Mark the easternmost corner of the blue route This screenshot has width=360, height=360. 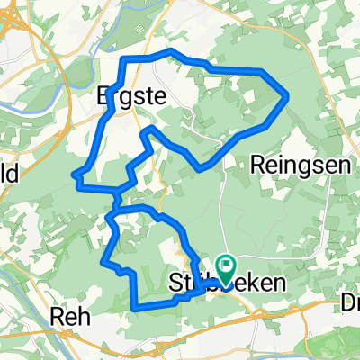click(x=286, y=96)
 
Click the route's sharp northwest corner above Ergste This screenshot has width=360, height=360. click(x=123, y=59)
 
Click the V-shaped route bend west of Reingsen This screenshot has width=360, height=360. click(x=201, y=167)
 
